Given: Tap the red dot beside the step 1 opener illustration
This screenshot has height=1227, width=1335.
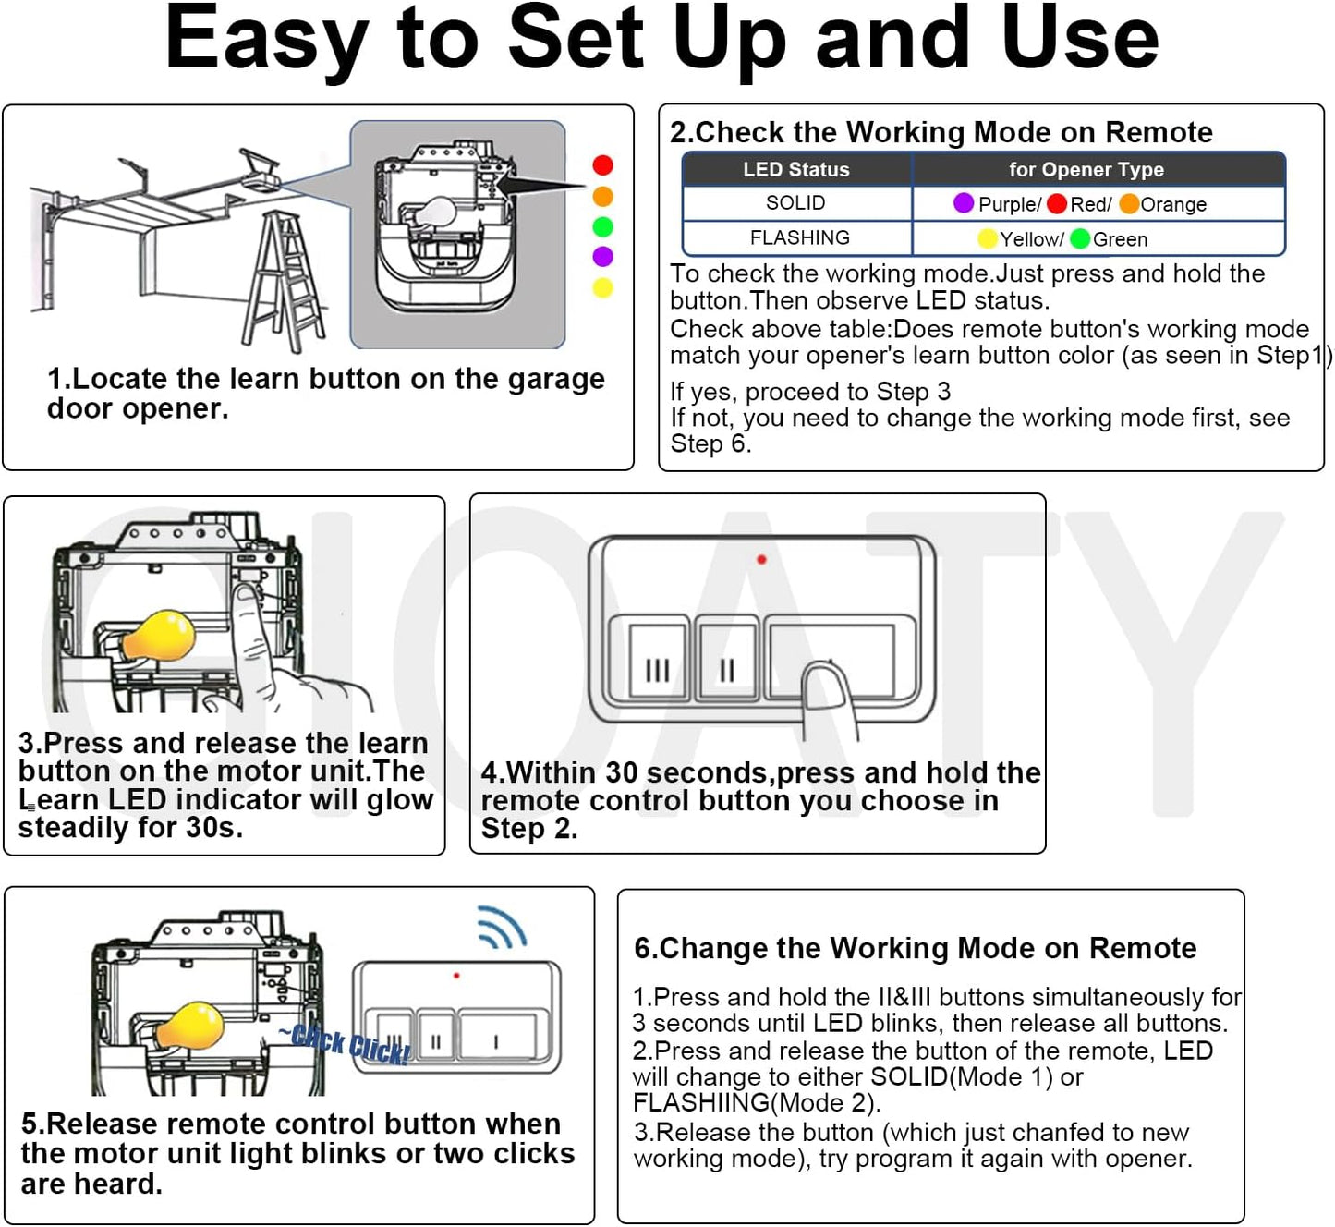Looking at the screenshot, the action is click(603, 165).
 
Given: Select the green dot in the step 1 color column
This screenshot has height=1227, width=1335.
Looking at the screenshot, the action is click(603, 227).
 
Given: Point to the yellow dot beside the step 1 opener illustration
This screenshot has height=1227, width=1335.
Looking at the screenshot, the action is click(603, 287).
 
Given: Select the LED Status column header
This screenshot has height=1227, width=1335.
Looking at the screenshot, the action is click(796, 170).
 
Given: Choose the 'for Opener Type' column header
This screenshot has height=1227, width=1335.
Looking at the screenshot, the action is click(1086, 170).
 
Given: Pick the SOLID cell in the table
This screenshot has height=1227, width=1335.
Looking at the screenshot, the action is click(796, 203).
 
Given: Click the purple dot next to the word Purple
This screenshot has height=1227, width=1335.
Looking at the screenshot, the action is click(963, 203).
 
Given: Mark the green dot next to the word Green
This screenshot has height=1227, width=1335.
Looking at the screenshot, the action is click(1080, 238).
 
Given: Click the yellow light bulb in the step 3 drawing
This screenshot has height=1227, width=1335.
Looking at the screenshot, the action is click(159, 636).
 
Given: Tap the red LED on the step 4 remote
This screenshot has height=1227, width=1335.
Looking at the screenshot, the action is click(761, 559).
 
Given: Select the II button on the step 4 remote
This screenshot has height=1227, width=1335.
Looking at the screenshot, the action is click(726, 658).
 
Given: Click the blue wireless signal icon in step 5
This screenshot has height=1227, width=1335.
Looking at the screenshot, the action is click(503, 928).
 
